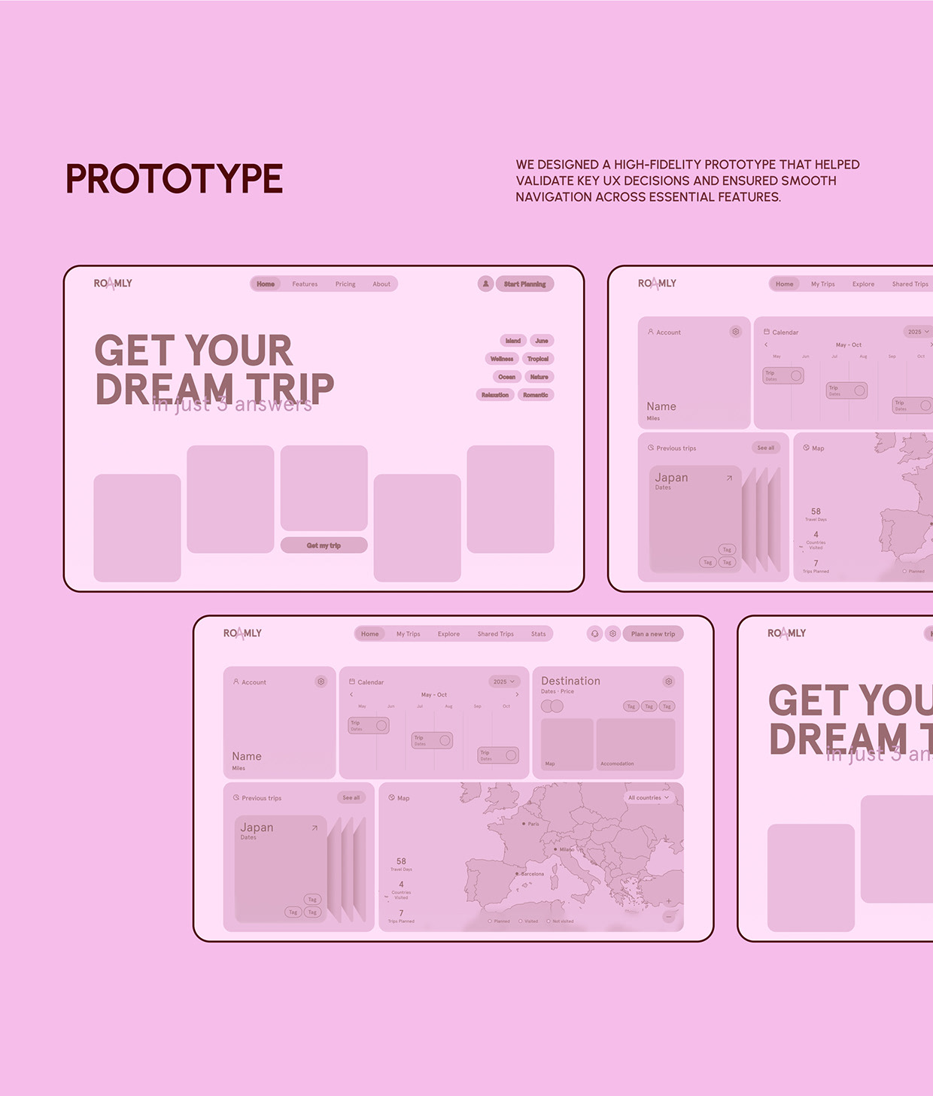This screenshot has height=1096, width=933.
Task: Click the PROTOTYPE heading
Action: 174,179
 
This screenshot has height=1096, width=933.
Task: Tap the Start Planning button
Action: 524,284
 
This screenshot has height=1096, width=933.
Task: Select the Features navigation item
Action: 305,284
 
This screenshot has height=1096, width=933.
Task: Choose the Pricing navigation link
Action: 345,284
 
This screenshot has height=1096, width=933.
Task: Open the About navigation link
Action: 381,284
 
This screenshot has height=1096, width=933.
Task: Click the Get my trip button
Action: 324,545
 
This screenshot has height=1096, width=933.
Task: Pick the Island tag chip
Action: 512,341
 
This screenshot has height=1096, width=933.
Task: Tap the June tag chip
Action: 542,341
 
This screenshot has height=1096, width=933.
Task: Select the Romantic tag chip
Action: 535,395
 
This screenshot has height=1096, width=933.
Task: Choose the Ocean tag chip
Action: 506,377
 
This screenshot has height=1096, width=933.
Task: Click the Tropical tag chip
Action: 538,359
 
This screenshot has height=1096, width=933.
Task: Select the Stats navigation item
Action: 538,634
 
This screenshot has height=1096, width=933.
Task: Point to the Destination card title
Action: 570,681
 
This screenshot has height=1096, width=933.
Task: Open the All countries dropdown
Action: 648,797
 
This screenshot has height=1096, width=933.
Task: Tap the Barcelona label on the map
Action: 532,874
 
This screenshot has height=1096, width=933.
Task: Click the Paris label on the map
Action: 533,824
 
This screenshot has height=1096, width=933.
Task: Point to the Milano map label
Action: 566,849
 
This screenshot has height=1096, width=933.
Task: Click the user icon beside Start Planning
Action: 485,284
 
